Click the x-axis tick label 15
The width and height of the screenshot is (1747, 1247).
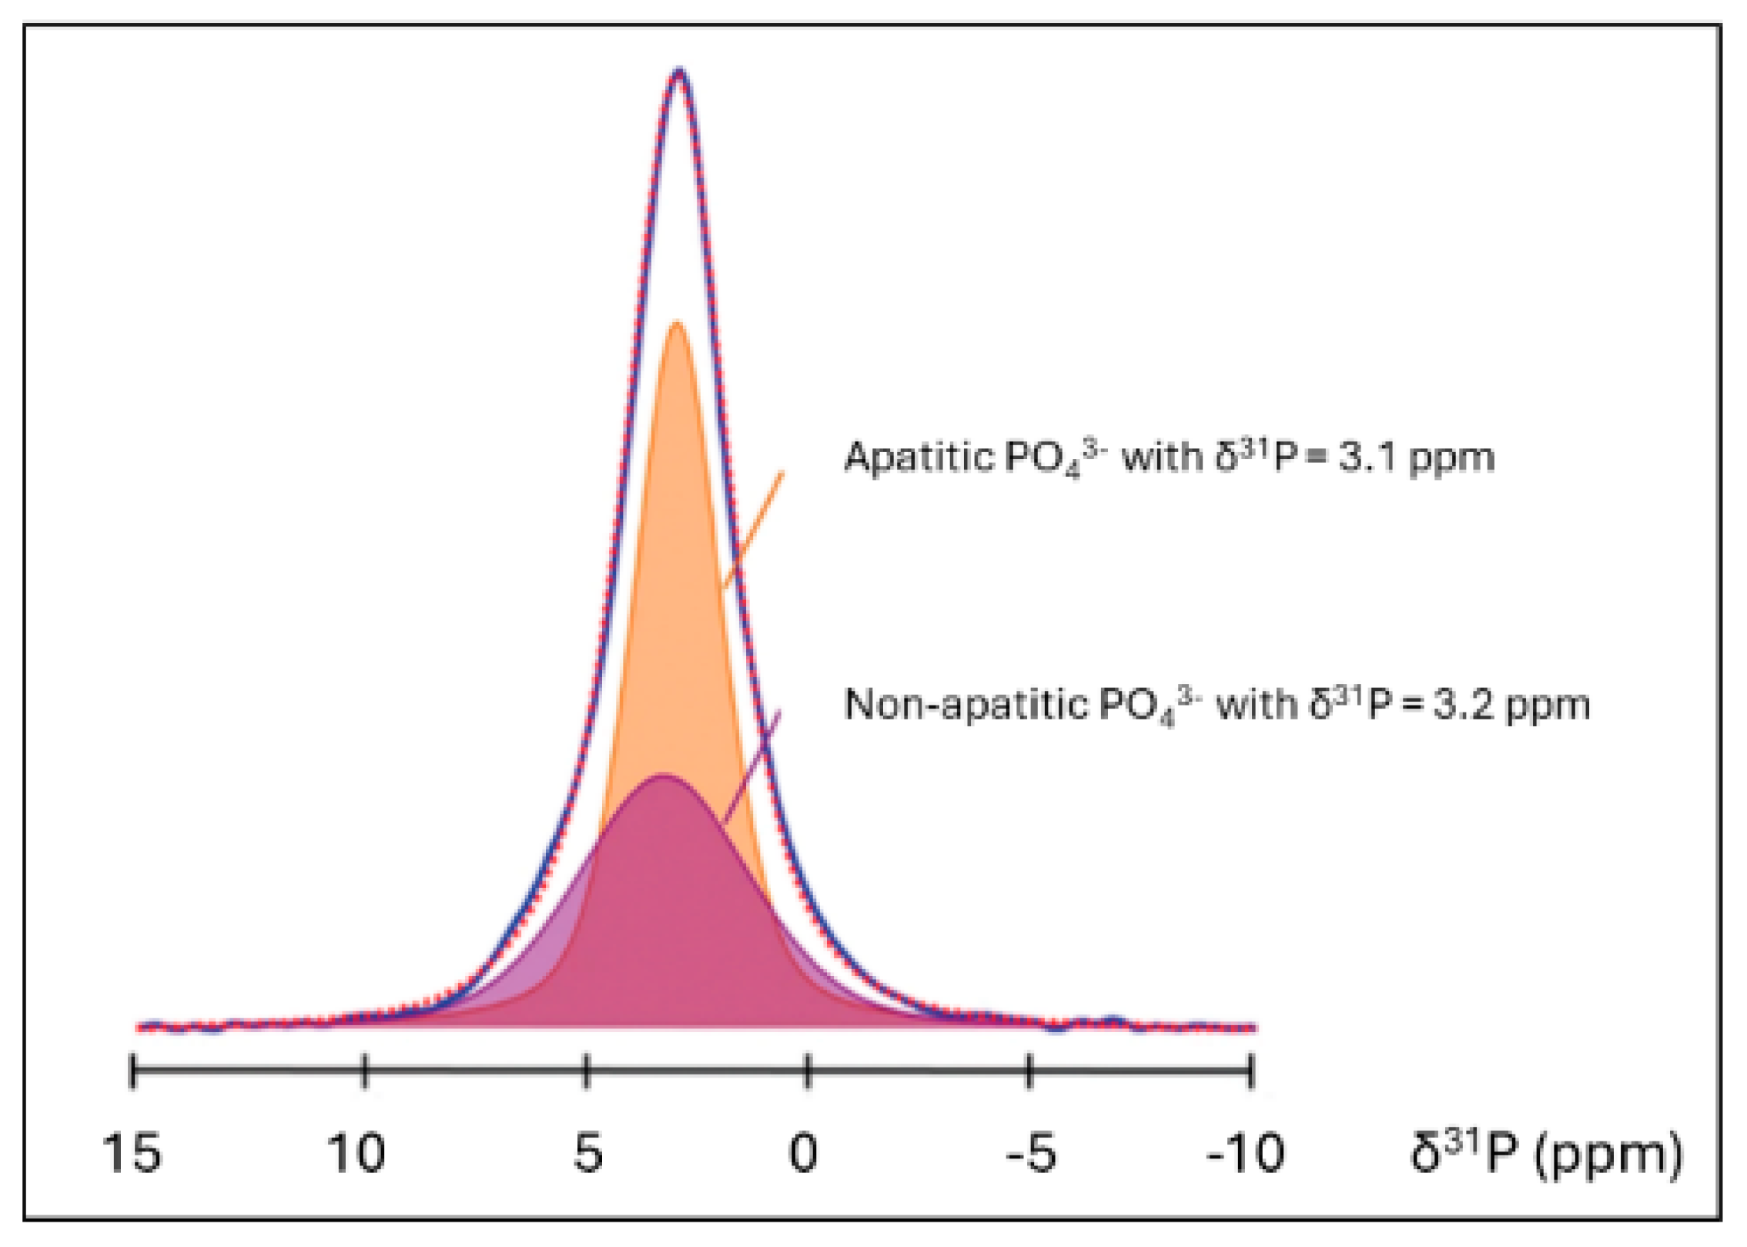tap(132, 1153)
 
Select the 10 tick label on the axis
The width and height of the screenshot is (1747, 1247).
tap(356, 1153)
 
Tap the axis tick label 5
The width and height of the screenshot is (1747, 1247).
tap(587, 1153)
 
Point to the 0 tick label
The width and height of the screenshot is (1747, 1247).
tap(803, 1153)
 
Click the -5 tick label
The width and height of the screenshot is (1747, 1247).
tap(1031, 1153)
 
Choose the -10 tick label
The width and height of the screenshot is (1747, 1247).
tap(1245, 1153)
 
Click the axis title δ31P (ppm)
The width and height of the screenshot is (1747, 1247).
tap(1546, 1153)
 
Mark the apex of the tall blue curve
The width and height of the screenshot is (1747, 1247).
tap(678, 72)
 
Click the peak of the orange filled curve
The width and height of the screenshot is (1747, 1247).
tap(677, 323)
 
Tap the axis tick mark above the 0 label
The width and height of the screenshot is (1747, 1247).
tap(808, 1071)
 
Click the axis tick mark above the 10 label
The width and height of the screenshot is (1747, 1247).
tap(365, 1071)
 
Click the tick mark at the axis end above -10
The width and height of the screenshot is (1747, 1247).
tap(1250, 1071)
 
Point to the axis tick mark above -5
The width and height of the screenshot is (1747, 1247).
tap(1029, 1071)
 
